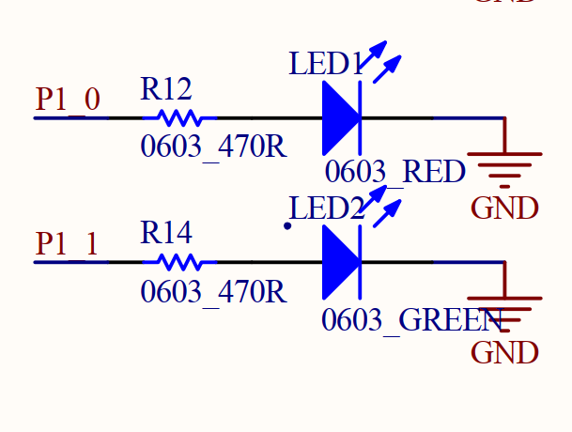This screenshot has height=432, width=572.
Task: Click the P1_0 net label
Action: (x=68, y=100)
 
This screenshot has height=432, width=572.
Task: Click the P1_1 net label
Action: (x=68, y=243)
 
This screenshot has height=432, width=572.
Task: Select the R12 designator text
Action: (x=166, y=89)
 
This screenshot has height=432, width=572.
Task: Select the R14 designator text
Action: (x=166, y=233)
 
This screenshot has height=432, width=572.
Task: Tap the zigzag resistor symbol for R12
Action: (x=179, y=118)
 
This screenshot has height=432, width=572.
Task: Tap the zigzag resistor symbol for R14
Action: (x=179, y=262)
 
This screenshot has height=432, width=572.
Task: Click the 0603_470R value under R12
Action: (x=213, y=147)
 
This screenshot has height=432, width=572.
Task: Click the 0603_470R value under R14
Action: (x=213, y=292)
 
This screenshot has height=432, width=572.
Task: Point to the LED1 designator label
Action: (x=325, y=65)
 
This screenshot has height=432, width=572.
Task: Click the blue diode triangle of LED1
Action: (x=340, y=118)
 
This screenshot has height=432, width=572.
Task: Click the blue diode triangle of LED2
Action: (x=340, y=262)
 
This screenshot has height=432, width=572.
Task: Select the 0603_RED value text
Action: (x=395, y=172)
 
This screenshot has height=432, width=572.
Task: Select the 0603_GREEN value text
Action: (x=411, y=320)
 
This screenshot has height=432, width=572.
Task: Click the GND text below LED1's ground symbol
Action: (x=504, y=208)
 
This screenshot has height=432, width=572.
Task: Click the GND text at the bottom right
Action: (x=504, y=353)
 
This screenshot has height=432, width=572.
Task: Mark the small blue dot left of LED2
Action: (x=287, y=225)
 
